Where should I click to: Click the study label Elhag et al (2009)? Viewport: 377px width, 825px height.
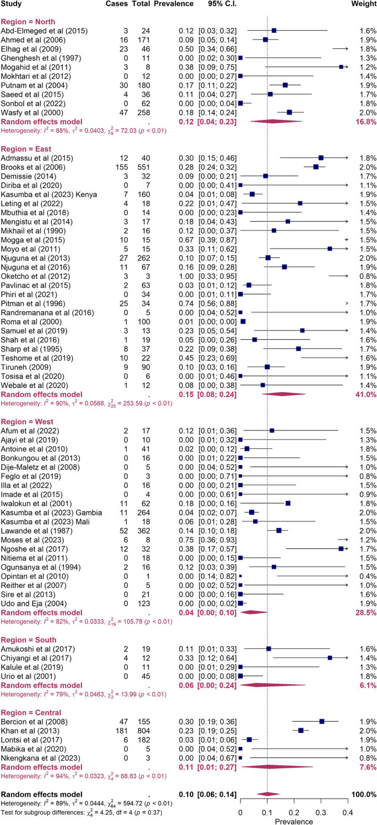click(x=30, y=49)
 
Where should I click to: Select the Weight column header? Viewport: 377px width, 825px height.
click(x=363, y=4)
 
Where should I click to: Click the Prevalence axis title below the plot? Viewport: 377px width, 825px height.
click(x=294, y=821)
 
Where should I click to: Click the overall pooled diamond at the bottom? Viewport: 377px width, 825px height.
click(x=268, y=794)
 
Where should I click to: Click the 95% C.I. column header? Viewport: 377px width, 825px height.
click(x=218, y=4)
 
